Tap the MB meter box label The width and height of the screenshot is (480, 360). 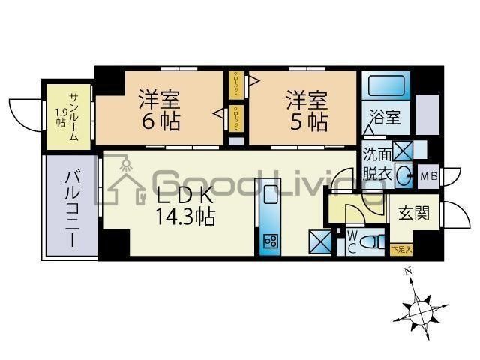tap(429, 176)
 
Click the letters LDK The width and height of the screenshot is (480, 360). tap(185, 198)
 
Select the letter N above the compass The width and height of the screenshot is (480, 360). tap(406, 271)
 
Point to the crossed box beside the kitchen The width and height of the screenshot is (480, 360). tap(319, 241)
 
